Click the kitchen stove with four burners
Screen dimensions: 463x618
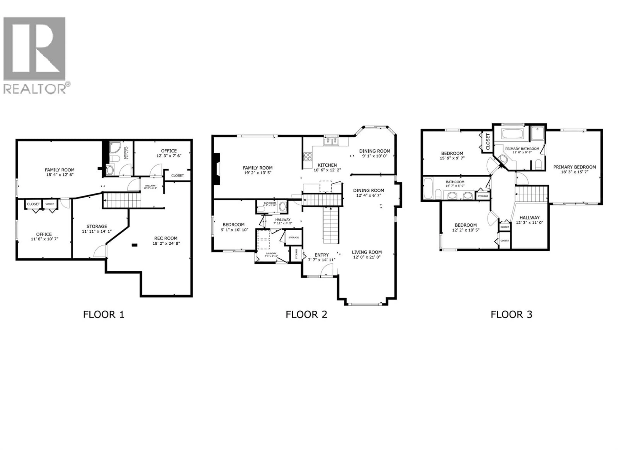pyautogui.click(x=308, y=157)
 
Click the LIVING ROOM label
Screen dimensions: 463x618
pyautogui.click(x=367, y=252)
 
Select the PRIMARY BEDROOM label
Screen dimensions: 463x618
pyautogui.click(x=574, y=167)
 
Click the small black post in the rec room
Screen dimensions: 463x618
pyautogui.click(x=135, y=245)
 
